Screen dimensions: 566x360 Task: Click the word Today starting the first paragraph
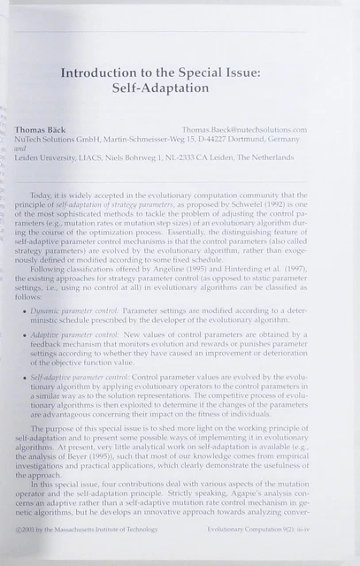point(41,195)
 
